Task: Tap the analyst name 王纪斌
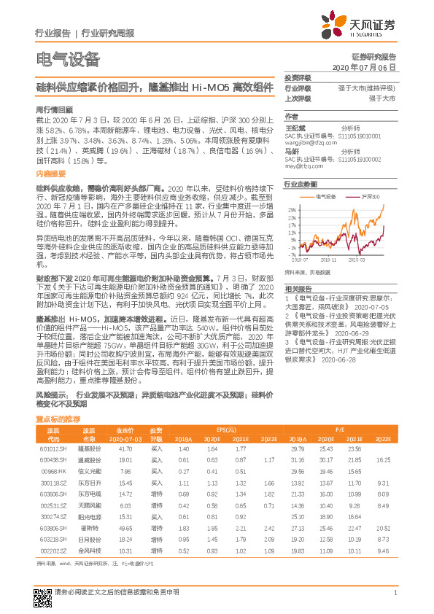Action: click(293, 127)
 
